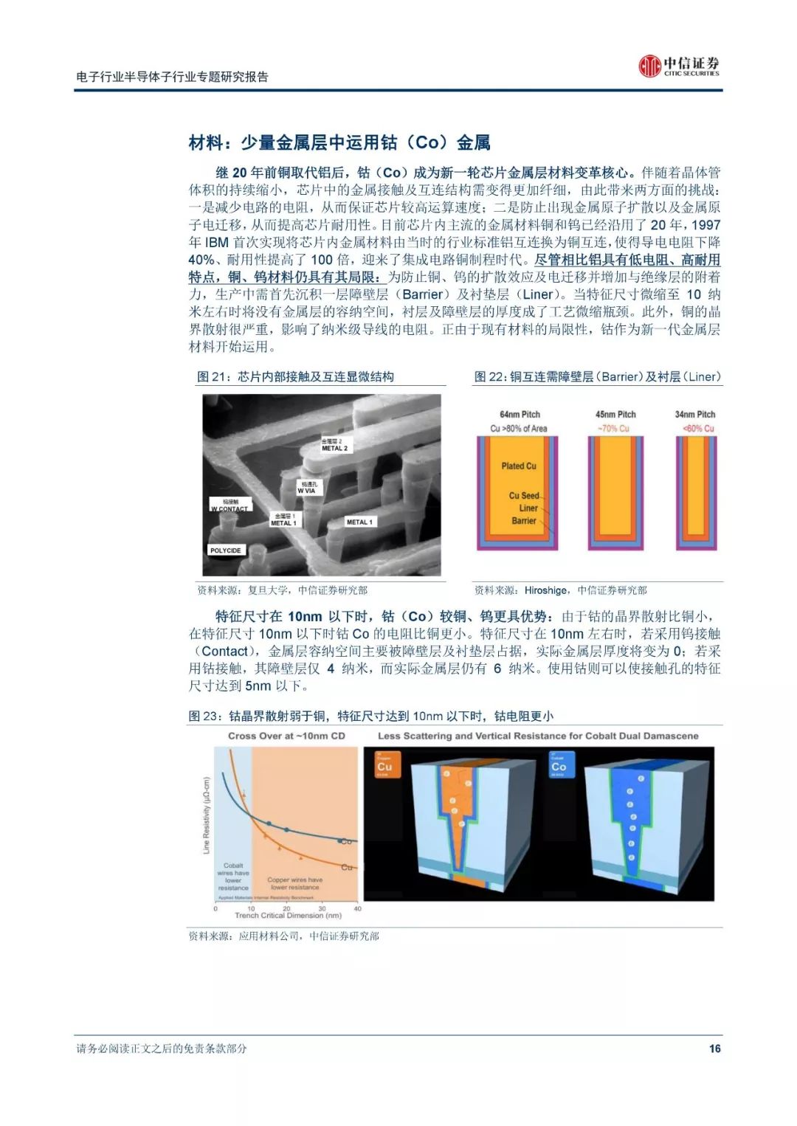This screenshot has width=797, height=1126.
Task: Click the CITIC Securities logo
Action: point(678,66)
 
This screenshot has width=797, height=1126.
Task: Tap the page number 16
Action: point(714,1049)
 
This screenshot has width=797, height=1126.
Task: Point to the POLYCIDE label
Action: point(225,550)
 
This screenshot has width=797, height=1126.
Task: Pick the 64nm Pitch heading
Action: point(520,415)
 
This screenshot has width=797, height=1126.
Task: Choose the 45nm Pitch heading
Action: point(615,415)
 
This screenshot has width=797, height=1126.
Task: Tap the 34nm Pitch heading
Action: point(695,415)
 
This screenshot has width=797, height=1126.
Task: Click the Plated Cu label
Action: point(519,466)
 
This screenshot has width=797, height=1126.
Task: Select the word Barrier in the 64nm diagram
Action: point(524,521)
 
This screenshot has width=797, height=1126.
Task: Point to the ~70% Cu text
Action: point(614,429)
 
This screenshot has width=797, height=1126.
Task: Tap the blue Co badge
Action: point(559,765)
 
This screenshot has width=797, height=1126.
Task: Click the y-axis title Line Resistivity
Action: point(207,815)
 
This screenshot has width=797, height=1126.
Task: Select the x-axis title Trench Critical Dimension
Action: point(288,916)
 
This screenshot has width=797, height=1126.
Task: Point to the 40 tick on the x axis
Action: point(358,908)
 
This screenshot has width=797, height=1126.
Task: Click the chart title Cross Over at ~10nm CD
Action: point(286,736)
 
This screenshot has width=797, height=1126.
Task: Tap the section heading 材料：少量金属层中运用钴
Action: point(339,142)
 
